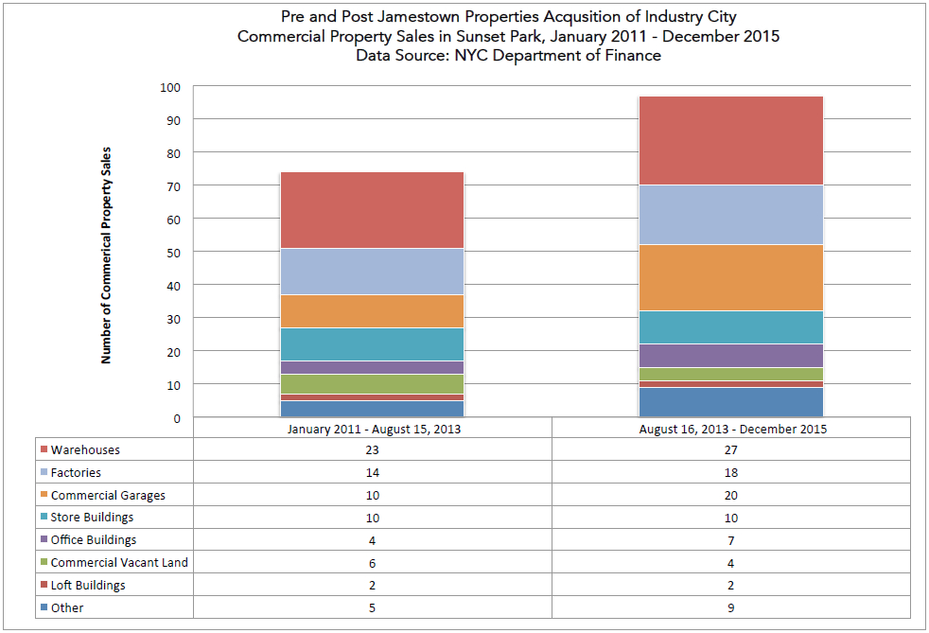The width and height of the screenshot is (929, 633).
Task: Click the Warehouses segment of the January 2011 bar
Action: pyautogui.click(x=372, y=210)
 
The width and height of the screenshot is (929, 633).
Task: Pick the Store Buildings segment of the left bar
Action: pyautogui.click(x=372, y=344)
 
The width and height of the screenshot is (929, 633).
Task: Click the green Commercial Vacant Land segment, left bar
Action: pyautogui.click(x=372, y=384)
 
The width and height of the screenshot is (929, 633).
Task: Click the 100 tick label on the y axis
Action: pyautogui.click(x=169, y=87)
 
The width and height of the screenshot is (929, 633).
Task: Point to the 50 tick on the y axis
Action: pyautogui.click(x=172, y=253)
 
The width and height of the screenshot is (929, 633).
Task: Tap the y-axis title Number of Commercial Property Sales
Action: pyautogui.click(x=107, y=255)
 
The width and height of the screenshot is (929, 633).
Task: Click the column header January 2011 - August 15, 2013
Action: pyautogui.click(x=372, y=429)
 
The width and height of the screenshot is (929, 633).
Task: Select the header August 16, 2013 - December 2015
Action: pyautogui.click(x=732, y=429)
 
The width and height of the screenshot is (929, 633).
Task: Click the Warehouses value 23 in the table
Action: pyautogui.click(x=372, y=450)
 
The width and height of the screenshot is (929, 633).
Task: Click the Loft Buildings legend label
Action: pyautogui.click(x=88, y=585)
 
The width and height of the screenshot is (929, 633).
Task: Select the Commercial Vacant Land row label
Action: pyautogui.click(x=119, y=562)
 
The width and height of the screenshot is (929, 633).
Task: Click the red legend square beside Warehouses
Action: pyautogui.click(x=43, y=450)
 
